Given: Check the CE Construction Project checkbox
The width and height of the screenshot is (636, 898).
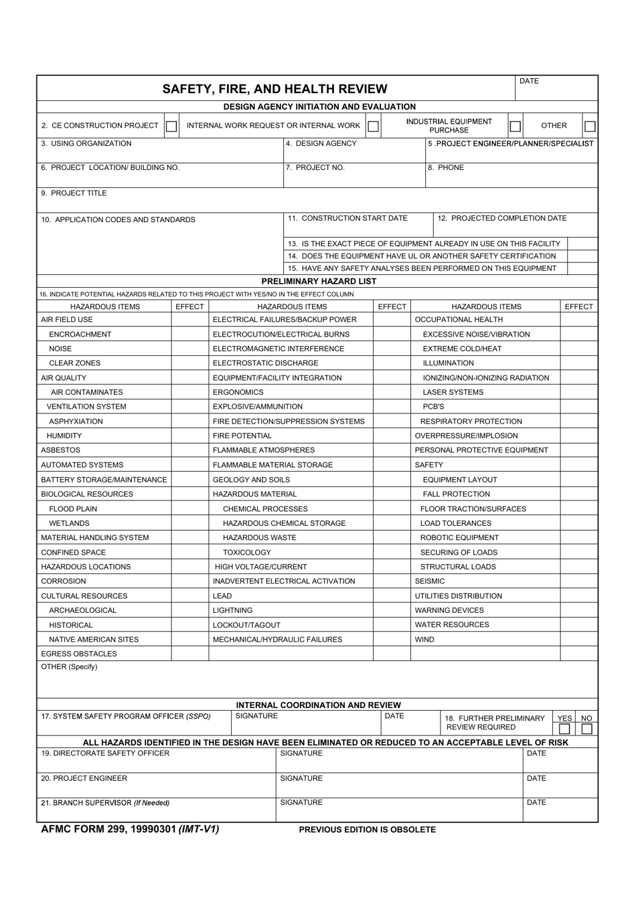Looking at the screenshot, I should [x=171, y=126].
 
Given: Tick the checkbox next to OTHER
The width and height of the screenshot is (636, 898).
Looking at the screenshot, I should [x=590, y=126].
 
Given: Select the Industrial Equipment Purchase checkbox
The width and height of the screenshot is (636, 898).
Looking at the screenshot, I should [x=515, y=126].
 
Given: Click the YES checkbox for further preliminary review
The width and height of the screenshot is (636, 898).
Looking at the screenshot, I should [x=564, y=729].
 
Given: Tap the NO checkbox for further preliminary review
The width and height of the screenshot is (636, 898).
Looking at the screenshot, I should [x=586, y=729].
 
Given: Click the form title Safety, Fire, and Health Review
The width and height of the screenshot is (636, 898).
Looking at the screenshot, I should [x=275, y=88].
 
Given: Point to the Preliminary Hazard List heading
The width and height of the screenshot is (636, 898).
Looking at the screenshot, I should [x=319, y=281].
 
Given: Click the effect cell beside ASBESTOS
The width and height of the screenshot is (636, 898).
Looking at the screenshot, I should [x=190, y=450].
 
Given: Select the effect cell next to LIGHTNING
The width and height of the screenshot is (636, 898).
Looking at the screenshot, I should [x=392, y=610].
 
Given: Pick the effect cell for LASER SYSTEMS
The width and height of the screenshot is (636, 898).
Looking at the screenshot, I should [x=578, y=392].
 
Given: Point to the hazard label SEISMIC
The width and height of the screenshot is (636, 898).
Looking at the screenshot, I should [x=430, y=581].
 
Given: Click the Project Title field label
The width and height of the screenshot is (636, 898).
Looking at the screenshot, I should [x=74, y=193].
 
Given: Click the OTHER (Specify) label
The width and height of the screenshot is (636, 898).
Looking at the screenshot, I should [x=69, y=667].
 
